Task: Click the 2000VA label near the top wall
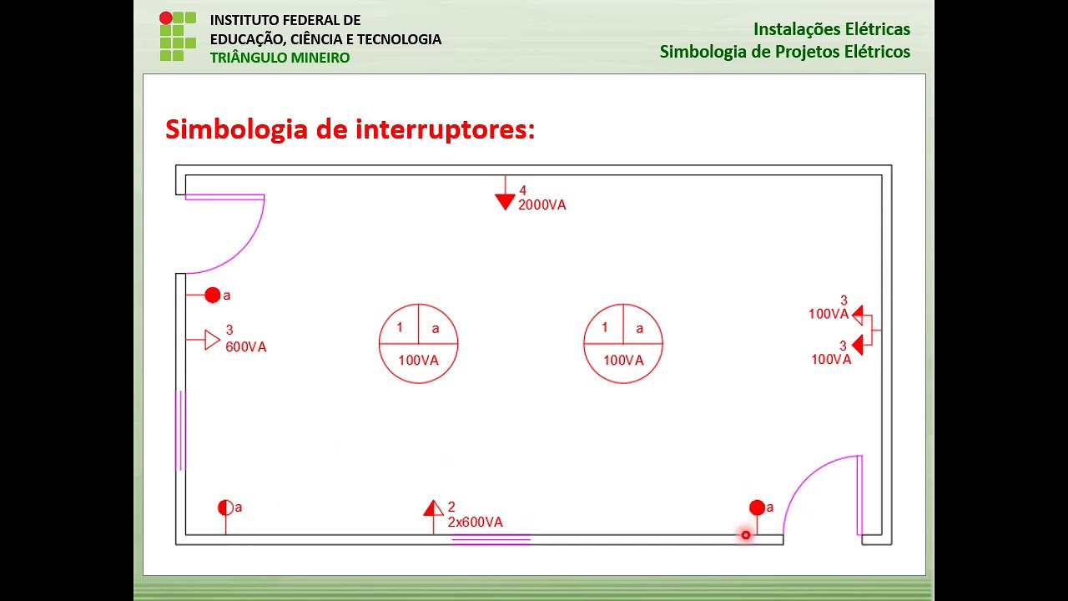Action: (542, 205)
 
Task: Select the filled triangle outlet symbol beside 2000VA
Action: (505, 201)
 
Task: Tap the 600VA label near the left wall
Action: (246, 347)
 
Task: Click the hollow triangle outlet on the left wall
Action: (212, 340)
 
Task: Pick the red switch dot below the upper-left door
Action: (213, 295)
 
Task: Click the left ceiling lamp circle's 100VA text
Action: (418, 361)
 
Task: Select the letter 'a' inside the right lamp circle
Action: (640, 329)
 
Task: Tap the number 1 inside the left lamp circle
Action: (400, 328)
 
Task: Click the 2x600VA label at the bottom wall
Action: (476, 523)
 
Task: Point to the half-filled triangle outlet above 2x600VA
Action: (432, 508)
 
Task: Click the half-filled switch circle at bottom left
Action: (225, 508)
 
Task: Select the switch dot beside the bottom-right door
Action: (757, 508)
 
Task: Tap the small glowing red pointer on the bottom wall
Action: (746, 535)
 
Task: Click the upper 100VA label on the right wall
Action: (828, 315)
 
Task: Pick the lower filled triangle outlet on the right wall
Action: (857, 346)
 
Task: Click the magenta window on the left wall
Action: (180, 430)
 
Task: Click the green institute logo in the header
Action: (177, 37)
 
